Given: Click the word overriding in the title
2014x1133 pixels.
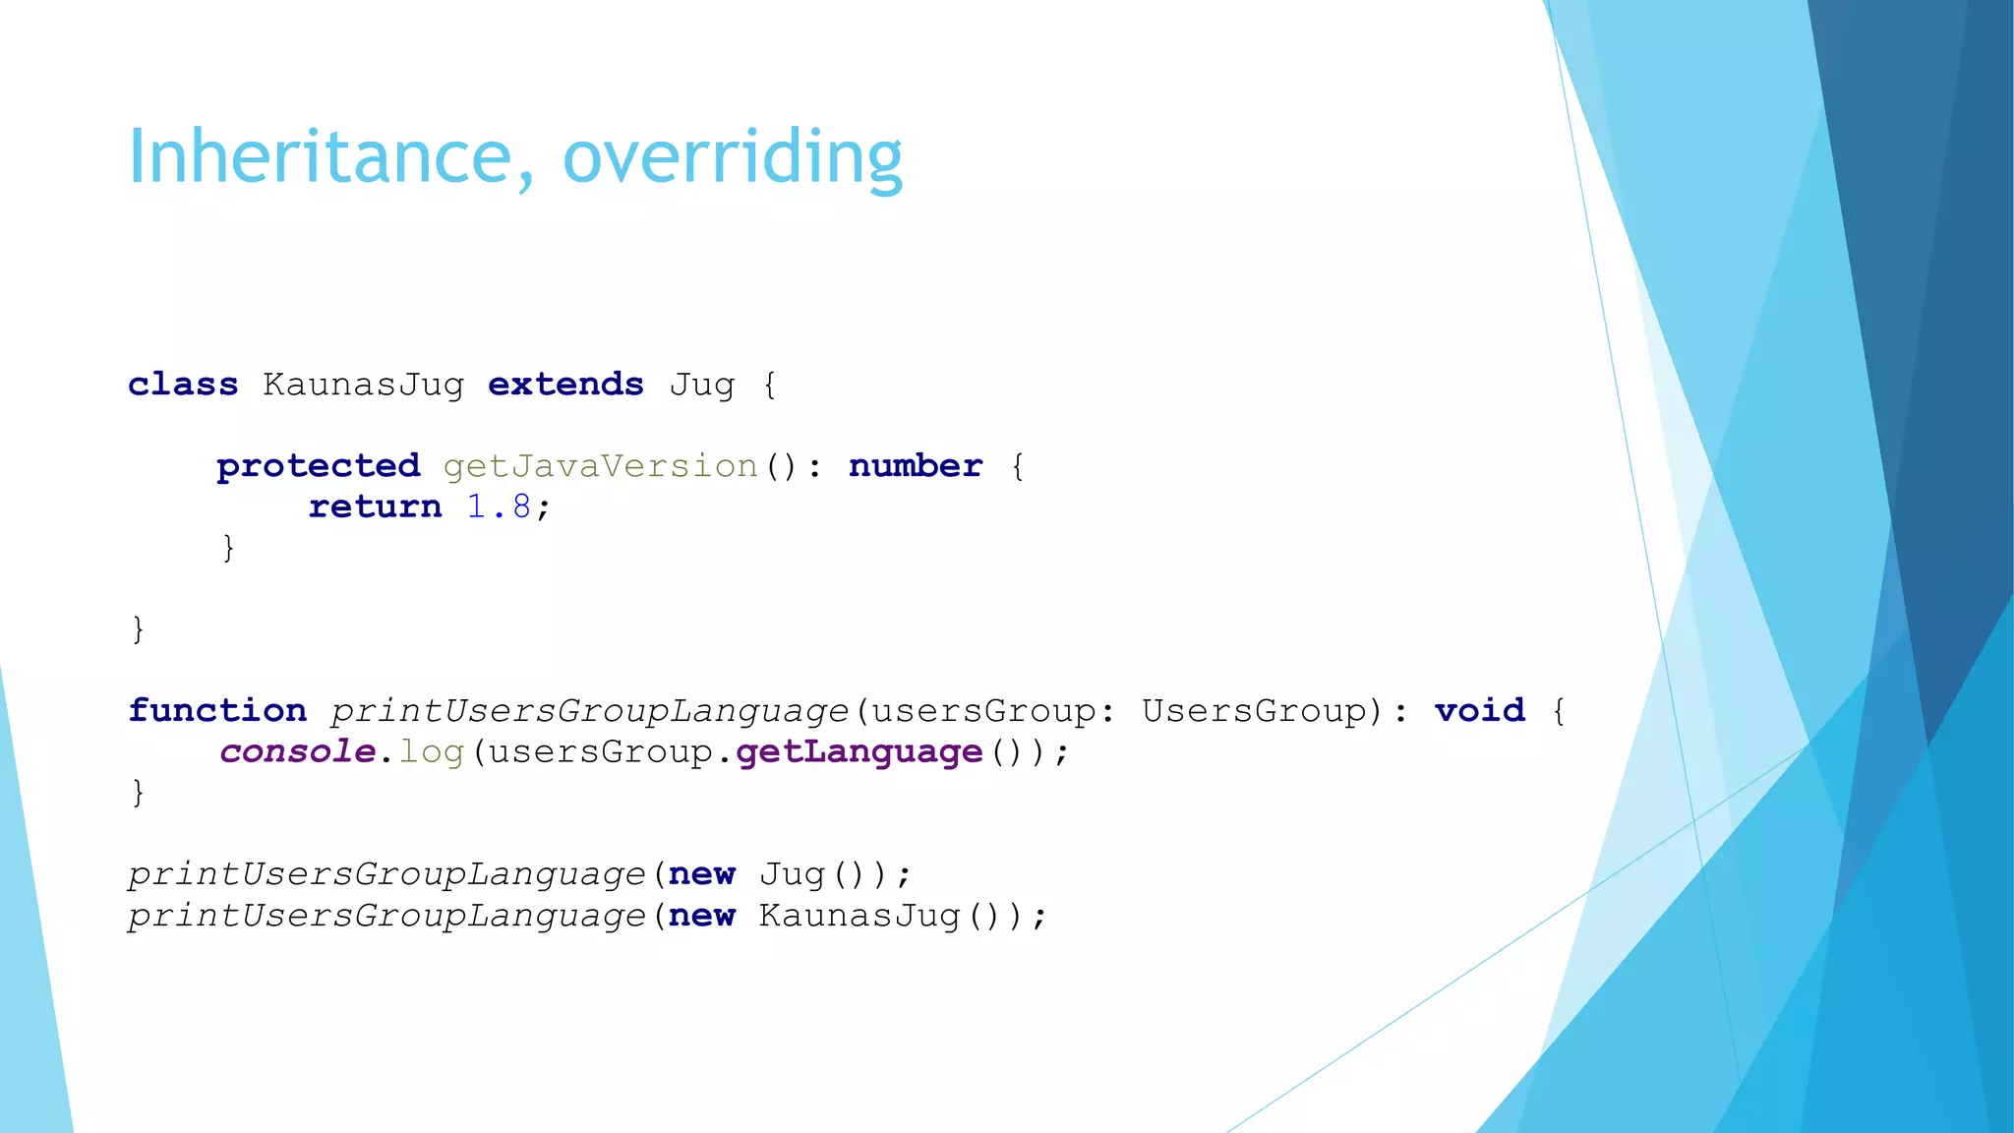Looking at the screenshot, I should click(732, 157).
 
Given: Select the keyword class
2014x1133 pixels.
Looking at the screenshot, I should click(183, 384).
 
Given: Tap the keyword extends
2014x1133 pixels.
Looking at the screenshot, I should click(565, 384).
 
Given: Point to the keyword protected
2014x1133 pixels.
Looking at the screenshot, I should click(318, 465).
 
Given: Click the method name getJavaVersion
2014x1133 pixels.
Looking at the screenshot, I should click(600, 465).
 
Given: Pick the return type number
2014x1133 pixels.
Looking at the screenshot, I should click(915, 465).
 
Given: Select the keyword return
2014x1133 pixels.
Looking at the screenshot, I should click(375, 507).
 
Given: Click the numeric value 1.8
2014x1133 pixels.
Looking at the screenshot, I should click(499, 507).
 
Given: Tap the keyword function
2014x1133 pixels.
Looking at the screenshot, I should click(217, 710).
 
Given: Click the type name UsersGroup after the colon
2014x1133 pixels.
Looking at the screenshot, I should click(1254, 710).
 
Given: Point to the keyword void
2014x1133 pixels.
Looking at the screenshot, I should click(1479, 710).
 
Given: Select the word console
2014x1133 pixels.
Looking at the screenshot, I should click(297, 751).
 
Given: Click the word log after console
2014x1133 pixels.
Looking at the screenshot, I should click(431, 752).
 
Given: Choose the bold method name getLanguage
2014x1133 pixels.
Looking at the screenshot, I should click(859, 751).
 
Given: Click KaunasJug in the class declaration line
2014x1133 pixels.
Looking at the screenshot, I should click(363, 384).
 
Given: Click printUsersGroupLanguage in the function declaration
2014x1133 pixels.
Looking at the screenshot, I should click(588, 710).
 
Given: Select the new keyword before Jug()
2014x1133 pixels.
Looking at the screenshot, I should click(701, 874).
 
